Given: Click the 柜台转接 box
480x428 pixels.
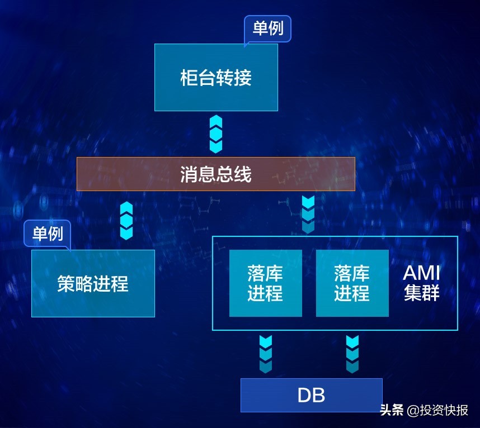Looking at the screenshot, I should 216,77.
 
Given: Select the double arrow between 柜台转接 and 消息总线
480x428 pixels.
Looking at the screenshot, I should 216,134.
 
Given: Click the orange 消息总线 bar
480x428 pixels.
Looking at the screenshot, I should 216,174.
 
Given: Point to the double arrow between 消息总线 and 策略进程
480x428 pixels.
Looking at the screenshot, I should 126,221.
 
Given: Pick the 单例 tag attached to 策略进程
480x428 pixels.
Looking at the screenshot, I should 48,234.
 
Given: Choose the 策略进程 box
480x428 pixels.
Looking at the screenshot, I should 93,283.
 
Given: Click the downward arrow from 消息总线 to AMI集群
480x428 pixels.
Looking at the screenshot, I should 308,215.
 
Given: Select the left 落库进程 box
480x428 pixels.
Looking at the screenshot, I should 265,283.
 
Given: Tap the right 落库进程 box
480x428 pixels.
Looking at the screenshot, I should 352,283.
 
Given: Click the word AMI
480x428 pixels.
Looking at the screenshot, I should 422,274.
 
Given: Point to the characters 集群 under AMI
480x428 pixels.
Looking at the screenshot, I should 422,293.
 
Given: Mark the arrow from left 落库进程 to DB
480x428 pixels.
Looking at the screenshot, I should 265,354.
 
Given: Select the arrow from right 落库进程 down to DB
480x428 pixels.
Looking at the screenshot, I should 352,354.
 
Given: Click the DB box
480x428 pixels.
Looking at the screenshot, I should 311,395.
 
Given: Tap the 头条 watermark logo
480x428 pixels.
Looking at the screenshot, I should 392,410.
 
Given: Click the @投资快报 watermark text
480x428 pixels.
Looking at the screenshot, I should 437,410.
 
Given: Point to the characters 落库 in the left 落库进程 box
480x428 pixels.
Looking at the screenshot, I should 265,274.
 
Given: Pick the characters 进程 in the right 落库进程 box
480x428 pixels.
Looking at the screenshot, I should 352,293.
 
